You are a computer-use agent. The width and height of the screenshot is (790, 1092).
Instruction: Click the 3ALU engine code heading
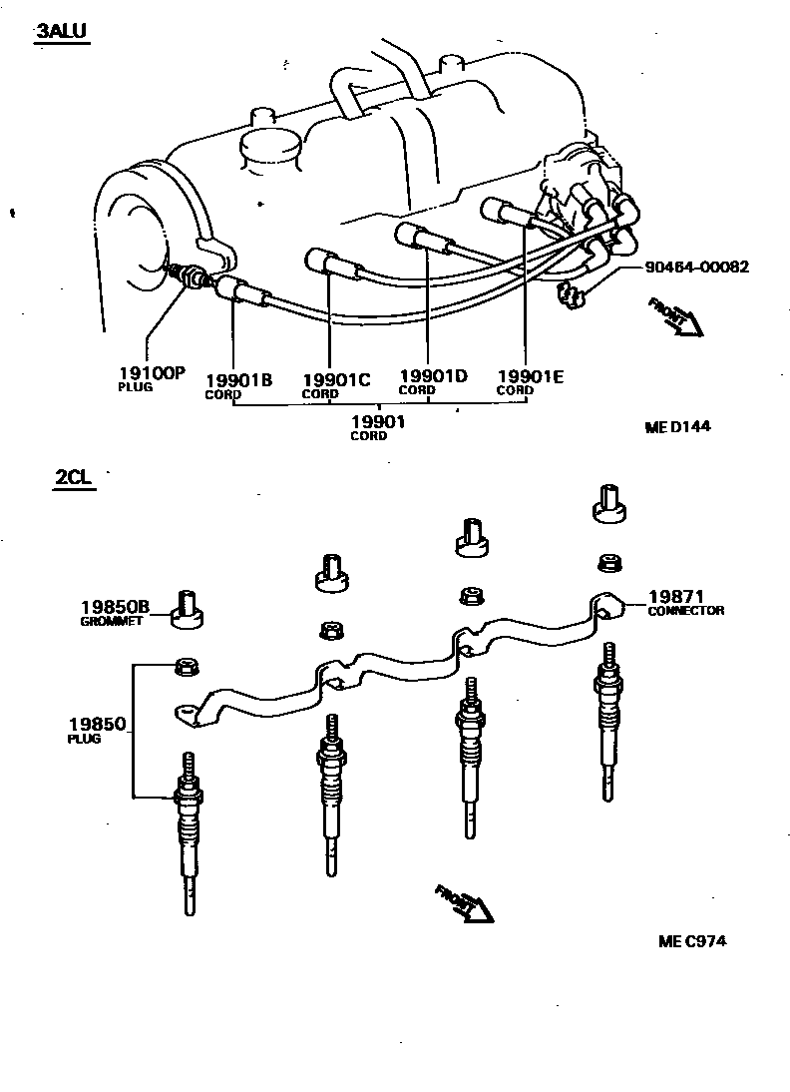click(x=62, y=32)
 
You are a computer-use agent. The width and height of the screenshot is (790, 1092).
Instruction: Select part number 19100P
click(x=152, y=372)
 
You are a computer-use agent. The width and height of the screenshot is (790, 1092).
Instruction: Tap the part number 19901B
click(x=239, y=379)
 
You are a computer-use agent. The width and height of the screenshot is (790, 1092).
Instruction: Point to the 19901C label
click(x=335, y=379)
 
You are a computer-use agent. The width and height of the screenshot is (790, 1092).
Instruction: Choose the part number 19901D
click(x=433, y=376)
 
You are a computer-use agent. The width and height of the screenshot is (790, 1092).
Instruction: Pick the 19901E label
click(x=531, y=376)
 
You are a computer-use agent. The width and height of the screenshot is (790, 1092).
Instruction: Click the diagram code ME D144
click(x=679, y=426)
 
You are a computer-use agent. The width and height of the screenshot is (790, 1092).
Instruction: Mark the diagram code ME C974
click(x=692, y=940)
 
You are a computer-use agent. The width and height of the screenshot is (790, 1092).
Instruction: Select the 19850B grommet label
click(x=115, y=606)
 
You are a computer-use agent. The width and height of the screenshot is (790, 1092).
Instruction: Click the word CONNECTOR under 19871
click(x=685, y=610)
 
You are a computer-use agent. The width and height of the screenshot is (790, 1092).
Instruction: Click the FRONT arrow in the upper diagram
click(x=676, y=317)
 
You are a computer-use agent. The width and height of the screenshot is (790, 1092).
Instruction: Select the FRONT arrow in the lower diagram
click(x=465, y=903)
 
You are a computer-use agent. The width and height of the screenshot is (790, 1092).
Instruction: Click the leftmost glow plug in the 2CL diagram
click(x=189, y=833)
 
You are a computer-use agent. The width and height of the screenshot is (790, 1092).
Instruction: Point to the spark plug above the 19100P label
click(x=190, y=277)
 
